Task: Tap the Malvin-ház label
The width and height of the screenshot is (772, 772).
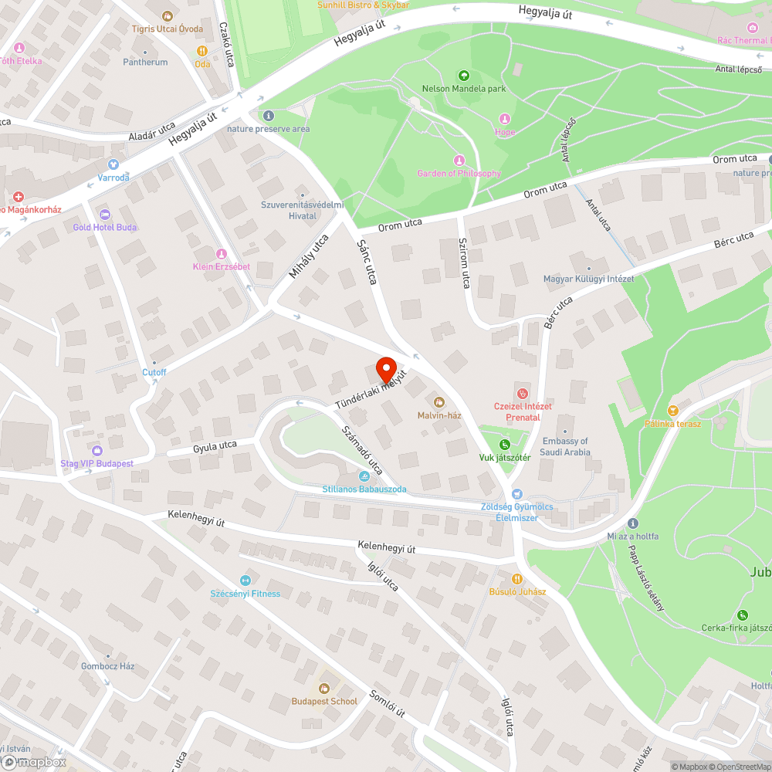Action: (439, 415)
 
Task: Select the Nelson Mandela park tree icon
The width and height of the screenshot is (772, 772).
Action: (463, 76)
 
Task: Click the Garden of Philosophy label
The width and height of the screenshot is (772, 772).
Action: (459, 174)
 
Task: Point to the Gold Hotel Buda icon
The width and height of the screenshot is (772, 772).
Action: (105, 214)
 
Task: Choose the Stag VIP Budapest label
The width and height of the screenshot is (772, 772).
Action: (97, 463)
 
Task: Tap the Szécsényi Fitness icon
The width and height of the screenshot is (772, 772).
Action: (245, 581)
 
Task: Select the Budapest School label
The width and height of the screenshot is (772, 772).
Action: (324, 701)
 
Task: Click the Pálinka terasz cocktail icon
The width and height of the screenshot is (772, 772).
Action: (672, 410)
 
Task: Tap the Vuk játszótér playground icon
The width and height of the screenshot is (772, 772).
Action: (504, 445)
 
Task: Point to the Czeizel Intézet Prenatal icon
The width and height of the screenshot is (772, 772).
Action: (523, 394)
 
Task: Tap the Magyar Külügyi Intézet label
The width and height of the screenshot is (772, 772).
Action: (588, 279)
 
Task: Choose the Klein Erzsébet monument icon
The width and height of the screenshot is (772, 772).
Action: (222, 254)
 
